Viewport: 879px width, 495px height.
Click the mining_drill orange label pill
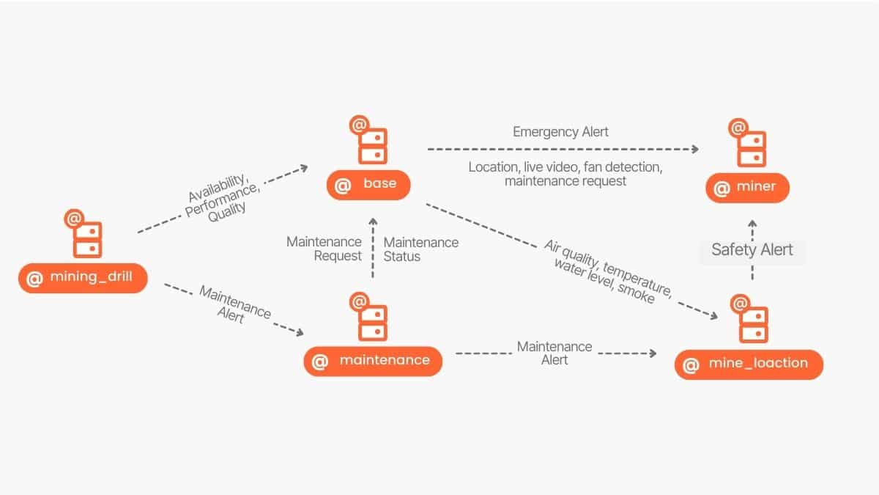point(83,278)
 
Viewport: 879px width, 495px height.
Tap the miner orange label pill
point(747,188)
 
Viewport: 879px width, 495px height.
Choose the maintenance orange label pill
point(373,361)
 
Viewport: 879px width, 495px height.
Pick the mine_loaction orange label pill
point(749,364)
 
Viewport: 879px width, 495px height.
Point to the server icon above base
point(368,141)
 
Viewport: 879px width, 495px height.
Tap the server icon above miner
point(748,144)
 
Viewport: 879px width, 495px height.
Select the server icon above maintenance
point(369,317)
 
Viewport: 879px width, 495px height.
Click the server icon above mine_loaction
point(750,320)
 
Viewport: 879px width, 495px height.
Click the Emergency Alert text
point(560,132)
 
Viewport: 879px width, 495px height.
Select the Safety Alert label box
point(752,249)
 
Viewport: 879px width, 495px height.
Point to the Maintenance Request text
point(324,249)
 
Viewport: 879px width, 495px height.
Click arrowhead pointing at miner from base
point(694,149)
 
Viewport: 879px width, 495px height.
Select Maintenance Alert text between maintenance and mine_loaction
point(555,353)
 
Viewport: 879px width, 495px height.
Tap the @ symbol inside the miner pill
point(722,188)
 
